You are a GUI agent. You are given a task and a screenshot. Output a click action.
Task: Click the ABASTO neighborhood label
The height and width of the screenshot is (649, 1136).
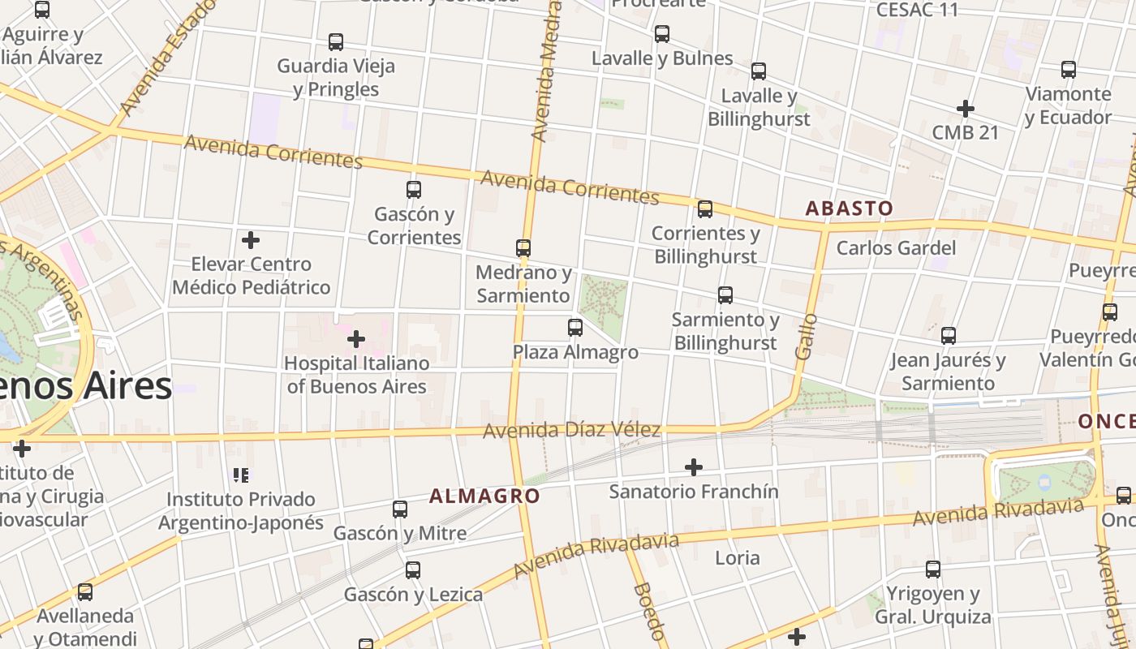coord(849,208)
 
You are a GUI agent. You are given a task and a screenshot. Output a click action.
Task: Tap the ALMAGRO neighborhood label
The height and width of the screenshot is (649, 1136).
coord(484,496)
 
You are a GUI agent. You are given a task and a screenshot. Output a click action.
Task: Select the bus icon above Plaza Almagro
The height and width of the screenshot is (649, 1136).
coord(575,328)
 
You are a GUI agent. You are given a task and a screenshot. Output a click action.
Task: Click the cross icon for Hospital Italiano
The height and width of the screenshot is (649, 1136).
coord(355,339)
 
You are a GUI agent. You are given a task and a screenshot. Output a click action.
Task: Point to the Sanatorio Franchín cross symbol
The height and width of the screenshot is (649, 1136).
coord(694,467)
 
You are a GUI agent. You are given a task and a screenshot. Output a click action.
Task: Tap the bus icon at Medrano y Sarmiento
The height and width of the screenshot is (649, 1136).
coord(523,248)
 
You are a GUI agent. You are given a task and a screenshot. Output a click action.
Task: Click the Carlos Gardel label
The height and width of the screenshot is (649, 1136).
coord(896,247)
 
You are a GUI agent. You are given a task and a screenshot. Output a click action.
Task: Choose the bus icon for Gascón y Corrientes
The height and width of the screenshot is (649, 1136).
coord(414,190)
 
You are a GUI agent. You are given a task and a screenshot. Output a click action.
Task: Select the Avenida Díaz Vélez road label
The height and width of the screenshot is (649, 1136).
coord(571,429)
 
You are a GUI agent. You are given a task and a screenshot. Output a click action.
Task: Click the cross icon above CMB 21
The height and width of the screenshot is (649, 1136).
coord(965,108)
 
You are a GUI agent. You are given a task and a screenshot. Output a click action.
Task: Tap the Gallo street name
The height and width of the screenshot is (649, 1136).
coord(805,337)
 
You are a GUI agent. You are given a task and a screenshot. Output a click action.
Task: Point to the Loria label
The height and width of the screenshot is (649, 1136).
coord(737,557)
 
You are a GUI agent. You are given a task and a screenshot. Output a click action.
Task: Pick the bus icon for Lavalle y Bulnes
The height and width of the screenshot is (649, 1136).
coord(662,34)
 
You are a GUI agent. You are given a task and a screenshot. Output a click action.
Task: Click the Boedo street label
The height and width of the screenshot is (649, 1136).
coord(649,610)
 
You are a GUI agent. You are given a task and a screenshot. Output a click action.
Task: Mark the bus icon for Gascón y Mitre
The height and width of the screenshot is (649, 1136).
coord(400,509)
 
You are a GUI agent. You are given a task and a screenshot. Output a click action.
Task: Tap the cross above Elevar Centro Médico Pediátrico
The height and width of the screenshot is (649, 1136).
coord(251,240)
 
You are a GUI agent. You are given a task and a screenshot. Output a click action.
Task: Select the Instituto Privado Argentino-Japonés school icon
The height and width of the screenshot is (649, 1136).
coord(241,475)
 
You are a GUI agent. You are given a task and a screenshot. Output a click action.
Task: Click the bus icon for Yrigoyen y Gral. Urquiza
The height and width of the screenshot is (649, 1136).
coord(933,569)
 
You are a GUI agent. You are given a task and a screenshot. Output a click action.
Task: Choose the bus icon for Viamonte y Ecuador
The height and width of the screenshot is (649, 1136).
coord(1069,70)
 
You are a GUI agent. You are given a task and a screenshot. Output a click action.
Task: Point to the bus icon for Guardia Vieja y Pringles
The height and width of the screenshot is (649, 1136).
coord(336,42)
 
